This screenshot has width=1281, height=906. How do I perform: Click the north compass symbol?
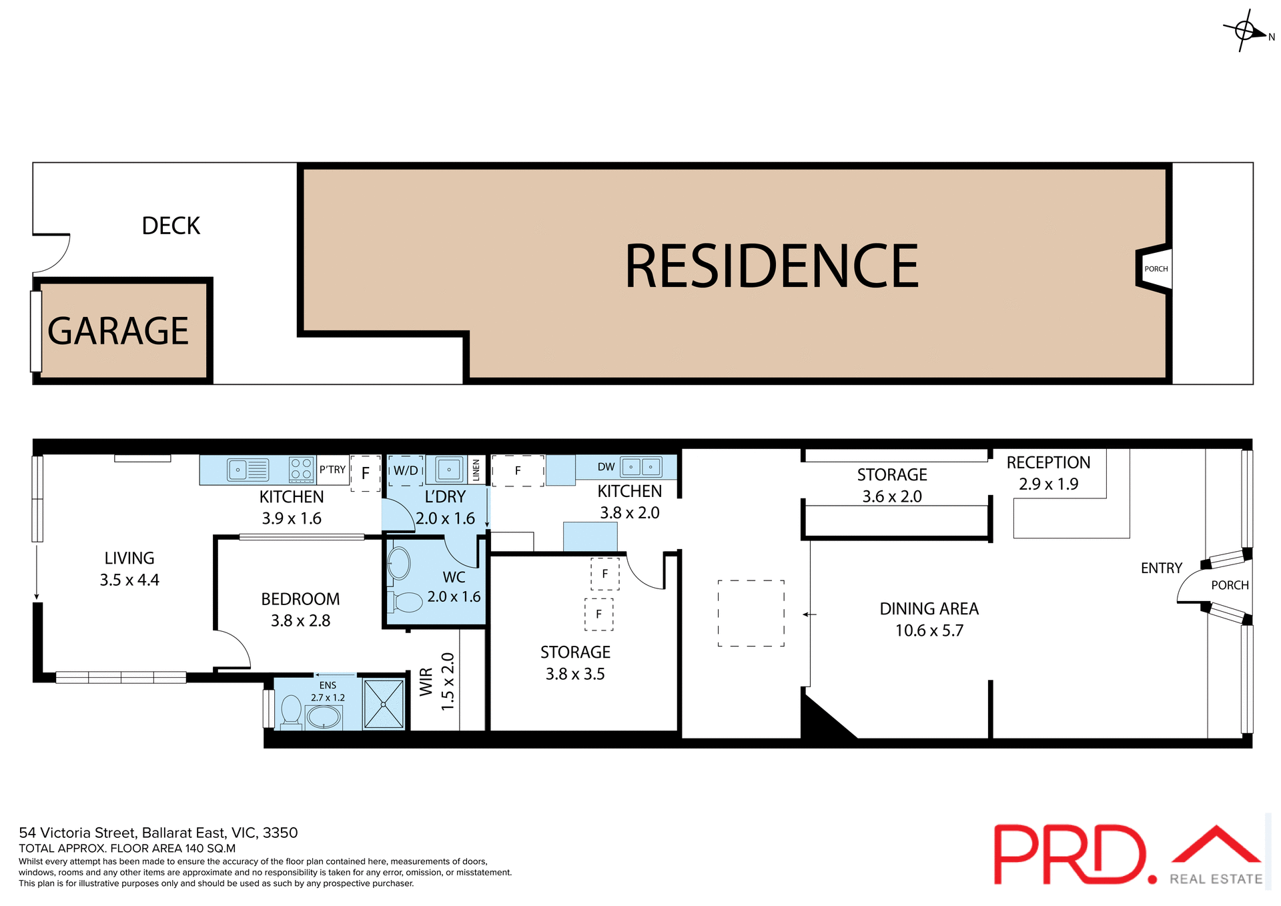[1245, 31]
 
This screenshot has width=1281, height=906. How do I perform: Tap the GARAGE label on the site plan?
[118, 331]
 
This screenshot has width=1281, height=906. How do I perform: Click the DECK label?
[171, 226]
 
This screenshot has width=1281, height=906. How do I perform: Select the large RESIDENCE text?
[771, 266]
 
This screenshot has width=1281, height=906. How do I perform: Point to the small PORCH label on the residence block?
[1156, 269]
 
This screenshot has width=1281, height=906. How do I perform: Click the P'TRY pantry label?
[332, 470]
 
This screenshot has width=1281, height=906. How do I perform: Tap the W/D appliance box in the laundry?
[406, 470]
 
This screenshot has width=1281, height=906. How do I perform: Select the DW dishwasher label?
[606, 467]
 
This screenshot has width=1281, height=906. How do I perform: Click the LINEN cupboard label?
[476, 470]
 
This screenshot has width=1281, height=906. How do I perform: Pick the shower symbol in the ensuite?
[384, 704]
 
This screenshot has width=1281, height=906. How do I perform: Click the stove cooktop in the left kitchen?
[302, 469]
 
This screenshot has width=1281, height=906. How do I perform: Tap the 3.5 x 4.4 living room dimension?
[129, 580]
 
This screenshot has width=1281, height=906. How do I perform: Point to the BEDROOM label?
[300, 599]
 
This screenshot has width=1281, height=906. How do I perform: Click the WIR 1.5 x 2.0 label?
[437, 681]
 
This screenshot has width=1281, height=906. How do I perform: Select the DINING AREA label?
[929, 608]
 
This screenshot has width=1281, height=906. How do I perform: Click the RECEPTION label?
[1048, 462]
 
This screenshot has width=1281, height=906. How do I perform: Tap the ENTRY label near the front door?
[1161, 568]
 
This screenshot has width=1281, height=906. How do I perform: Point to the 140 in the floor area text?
[195, 849]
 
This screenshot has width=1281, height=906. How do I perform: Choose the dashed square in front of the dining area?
[751, 613]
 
